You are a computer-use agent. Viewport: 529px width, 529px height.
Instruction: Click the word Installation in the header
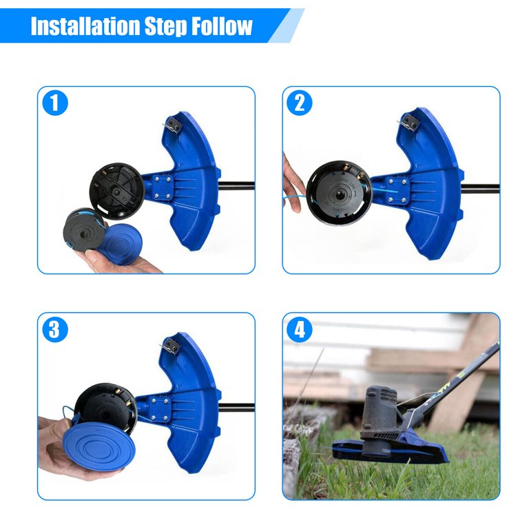tap(85, 26)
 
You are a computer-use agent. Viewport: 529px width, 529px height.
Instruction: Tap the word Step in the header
tap(165, 26)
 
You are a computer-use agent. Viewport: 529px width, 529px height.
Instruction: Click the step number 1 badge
tap(55, 103)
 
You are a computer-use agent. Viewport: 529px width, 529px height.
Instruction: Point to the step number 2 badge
tap(299, 103)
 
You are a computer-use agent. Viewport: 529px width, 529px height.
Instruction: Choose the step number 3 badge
tap(55, 329)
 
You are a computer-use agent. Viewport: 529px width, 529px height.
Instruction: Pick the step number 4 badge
tap(299, 329)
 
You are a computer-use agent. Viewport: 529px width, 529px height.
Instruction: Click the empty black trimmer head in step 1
tap(117, 191)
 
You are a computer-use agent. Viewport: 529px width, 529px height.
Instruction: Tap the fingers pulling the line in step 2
tap(293, 184)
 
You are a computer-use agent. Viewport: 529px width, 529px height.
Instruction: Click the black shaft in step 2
tap(480, 189)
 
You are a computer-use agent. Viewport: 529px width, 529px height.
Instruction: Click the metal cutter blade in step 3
tap(169, 346)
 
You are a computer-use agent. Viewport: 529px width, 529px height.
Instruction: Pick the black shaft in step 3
tap(236, 408)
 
